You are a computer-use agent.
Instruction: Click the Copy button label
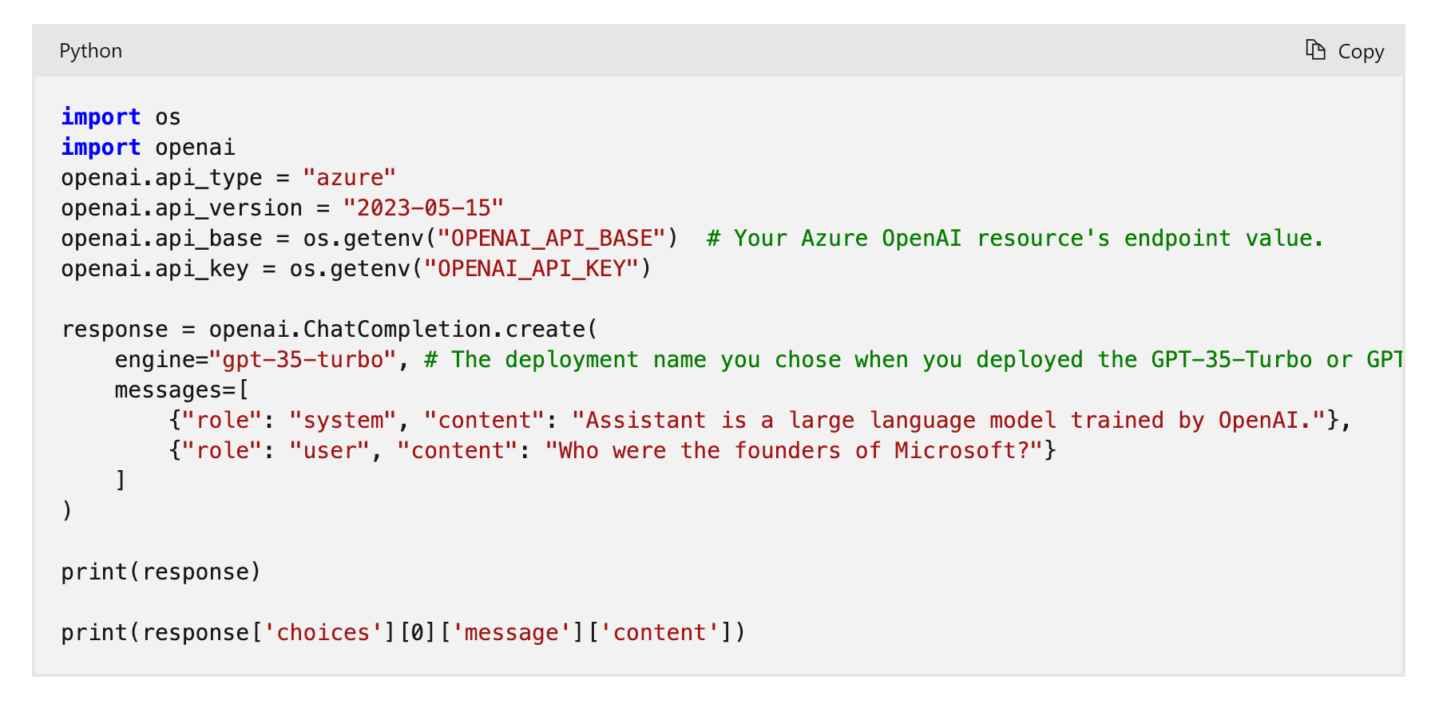point(1361,52)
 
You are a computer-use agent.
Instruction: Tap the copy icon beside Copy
point(1315,50)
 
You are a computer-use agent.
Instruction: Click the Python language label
point(90,51)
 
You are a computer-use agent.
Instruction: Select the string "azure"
point(349,178)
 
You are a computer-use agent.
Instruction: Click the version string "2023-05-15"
point(423,208)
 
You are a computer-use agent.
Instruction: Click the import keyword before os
point(101,117)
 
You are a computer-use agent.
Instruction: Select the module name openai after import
point(195,148)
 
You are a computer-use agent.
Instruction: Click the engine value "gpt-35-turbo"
point(303,360)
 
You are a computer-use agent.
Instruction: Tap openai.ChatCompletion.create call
point(402,330)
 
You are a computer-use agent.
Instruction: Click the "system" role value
point(343,421)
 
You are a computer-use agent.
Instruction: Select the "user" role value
point(329,451)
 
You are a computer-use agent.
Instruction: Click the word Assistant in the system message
point(645,421)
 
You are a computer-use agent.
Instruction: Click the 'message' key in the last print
point(511,633)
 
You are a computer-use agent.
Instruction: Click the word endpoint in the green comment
point(1177,239)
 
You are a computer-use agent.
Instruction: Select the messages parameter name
point(175,390)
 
